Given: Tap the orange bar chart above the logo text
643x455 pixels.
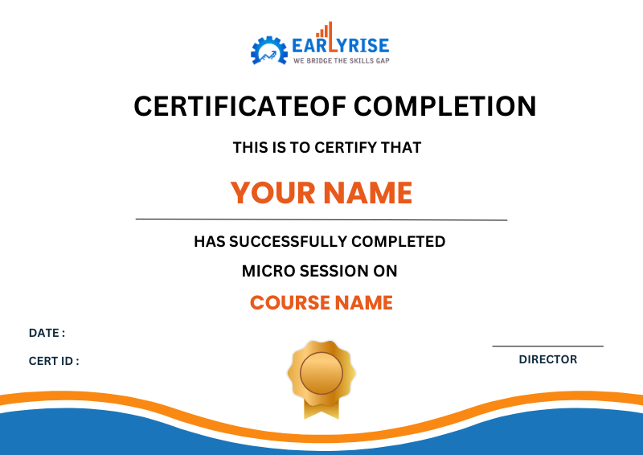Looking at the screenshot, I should tap(323, 31).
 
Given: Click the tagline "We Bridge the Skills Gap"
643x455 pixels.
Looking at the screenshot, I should tap(341, 61).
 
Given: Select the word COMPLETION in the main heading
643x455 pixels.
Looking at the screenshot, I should tap(445, 106).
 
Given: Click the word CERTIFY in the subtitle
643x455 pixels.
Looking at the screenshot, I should tap(348, 148).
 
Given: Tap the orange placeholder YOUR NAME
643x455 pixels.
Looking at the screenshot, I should tap(321, 193).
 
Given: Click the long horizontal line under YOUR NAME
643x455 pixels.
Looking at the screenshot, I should tap(321, 219).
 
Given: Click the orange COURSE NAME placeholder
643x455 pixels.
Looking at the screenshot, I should tap(321, 303).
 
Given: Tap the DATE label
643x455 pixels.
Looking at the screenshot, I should tap(47, 333).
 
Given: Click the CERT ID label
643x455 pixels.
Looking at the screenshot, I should tap(54, 361).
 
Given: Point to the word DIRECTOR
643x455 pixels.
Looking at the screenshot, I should tap(548, 359).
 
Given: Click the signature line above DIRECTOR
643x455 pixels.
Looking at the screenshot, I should tap(548, 346).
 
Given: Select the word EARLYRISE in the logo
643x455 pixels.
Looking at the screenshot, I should tap(341, 46).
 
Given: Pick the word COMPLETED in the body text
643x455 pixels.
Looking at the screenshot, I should tap(399, 241).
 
